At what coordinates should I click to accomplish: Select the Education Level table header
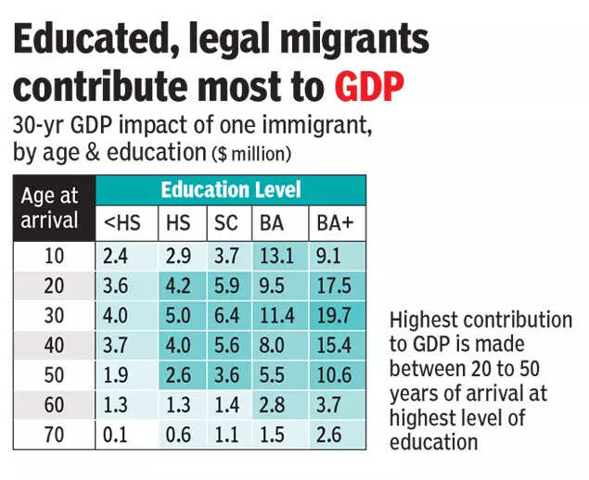click(231, 190)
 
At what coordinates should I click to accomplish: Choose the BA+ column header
click(337, 223)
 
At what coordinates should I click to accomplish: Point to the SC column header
click(224, 223)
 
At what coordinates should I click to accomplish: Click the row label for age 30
click(53, 315)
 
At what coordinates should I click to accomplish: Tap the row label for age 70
click(53, 435)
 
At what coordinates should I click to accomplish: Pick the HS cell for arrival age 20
click(177, 285)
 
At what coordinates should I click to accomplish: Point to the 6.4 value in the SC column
click(224, 315)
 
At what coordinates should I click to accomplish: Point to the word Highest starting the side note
click(423, 321)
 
